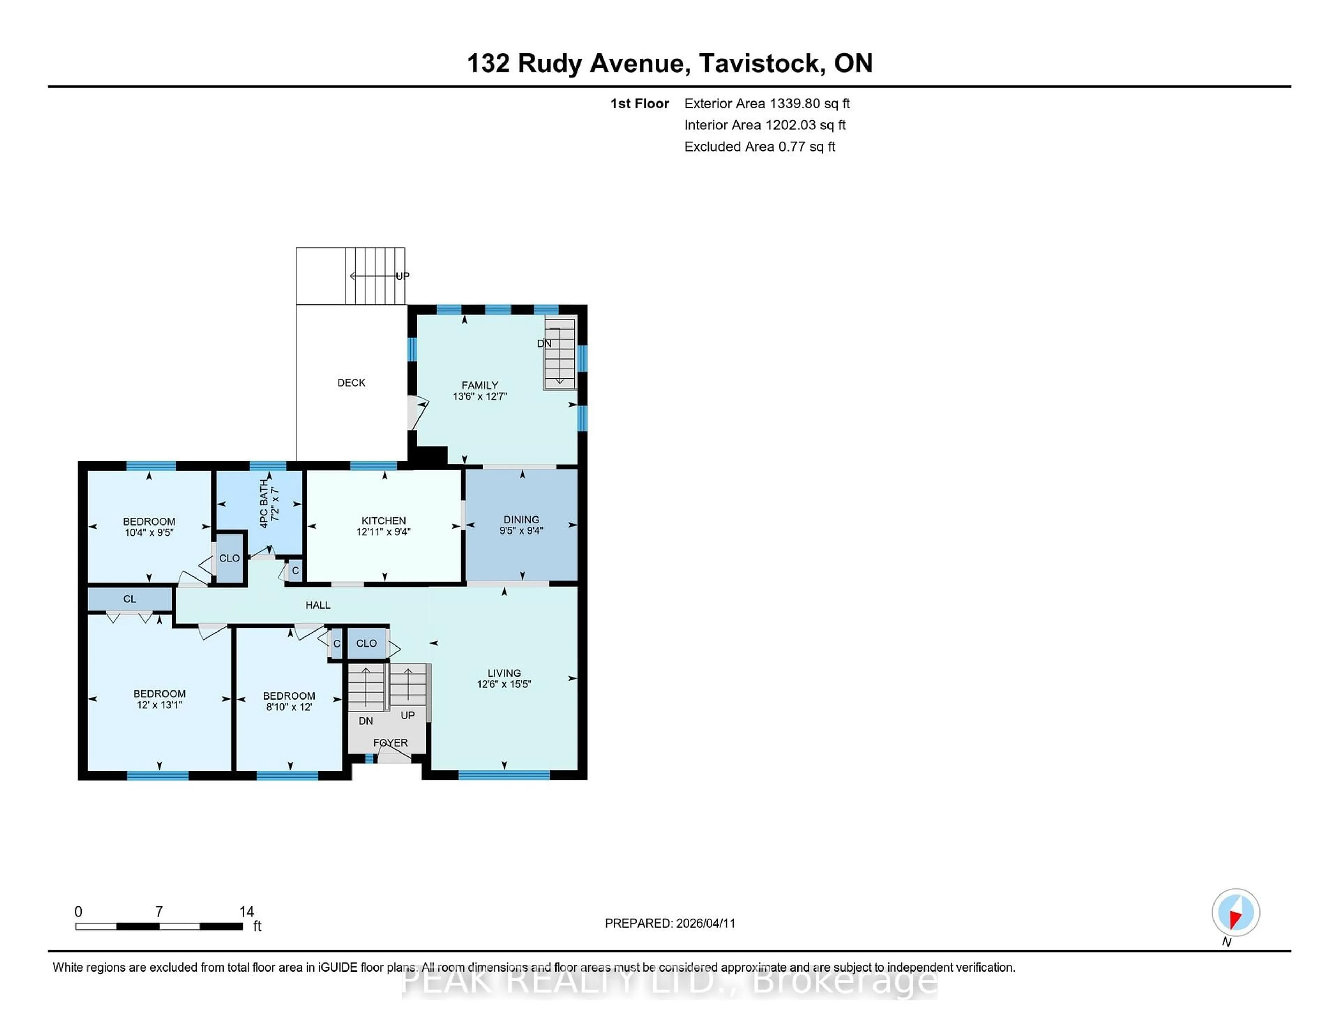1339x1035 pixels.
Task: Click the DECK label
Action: point(351,383)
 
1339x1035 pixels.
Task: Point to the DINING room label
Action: point(521,519)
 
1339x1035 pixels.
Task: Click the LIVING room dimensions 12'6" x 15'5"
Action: point(504,683)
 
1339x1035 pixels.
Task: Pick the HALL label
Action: point(318,605)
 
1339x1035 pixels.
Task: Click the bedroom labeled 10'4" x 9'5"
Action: point(149,527)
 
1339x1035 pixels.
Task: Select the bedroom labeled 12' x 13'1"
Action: point(159,699)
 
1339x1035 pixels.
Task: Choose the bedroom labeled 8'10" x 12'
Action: point(289,701)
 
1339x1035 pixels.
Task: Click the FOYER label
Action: point(390,742)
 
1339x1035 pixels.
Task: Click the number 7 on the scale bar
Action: point(159,912)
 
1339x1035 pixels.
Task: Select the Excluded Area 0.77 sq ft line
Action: point(759,146)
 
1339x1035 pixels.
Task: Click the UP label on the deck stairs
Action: point(402,276)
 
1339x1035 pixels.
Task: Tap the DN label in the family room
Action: point(544,343)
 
